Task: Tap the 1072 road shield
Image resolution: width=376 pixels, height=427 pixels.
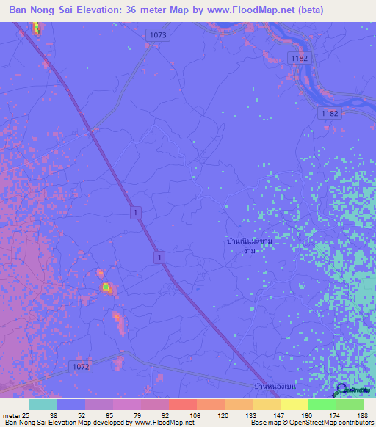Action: (82, 365)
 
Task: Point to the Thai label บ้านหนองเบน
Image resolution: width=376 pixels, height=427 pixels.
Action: (272, 385)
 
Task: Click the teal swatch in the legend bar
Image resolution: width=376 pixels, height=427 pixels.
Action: (43, 404)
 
